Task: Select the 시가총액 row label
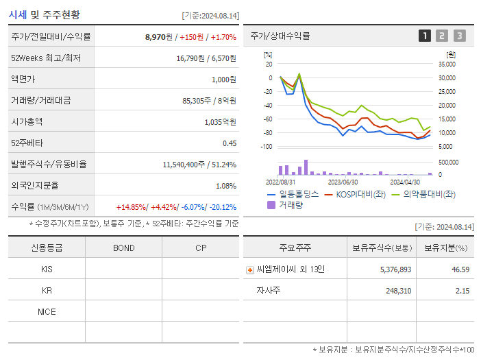[27, 121]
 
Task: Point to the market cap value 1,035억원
[219, 121]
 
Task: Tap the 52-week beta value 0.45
[229, 143]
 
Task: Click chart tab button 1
[425, 36]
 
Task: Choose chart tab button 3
[459, 36]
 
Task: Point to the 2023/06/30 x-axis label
[343, 182]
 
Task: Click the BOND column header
[123, 248]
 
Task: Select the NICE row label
[47, 311]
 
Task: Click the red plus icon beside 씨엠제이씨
[250, 269]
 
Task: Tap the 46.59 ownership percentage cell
[460, 269]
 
